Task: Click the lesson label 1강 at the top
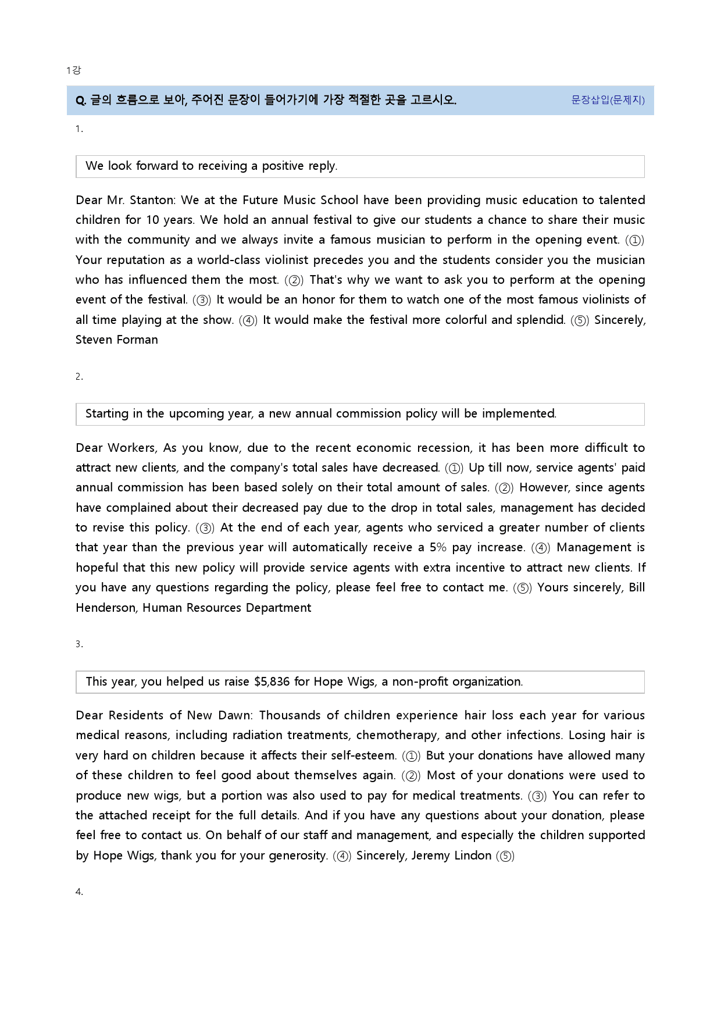73,70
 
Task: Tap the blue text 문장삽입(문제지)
608,100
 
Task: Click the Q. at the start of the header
81,101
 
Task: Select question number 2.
78,377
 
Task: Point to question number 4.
78,892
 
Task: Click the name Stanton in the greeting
151,200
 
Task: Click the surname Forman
136,340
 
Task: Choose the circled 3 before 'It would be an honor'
202,300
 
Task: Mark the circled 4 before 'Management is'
541,548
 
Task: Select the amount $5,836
272,682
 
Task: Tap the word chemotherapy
397,735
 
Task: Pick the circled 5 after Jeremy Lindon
505,856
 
